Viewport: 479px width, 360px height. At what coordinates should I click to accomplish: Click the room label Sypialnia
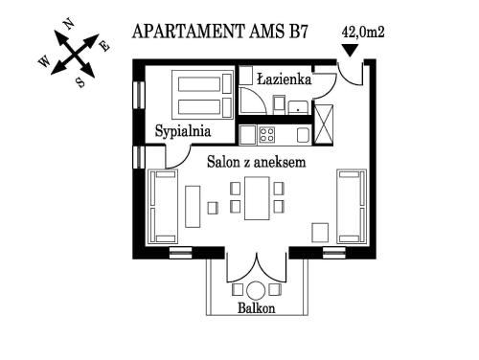183,131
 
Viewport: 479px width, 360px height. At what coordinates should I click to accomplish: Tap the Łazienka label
285,79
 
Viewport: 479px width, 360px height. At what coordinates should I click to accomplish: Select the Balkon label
257,308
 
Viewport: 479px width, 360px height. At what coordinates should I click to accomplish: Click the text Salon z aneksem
257,162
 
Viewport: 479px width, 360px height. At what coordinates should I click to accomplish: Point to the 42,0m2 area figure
363,32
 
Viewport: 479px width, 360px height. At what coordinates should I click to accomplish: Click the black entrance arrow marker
350,51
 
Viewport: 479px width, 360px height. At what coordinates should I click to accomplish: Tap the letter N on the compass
69,24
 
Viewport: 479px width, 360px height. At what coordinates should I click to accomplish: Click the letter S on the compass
80,83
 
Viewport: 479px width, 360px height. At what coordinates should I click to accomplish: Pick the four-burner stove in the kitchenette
266,134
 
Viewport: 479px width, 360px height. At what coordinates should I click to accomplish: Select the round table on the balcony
256,290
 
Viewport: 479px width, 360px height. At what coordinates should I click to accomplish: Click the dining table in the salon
257,198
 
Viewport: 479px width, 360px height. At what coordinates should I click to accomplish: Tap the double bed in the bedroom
202,95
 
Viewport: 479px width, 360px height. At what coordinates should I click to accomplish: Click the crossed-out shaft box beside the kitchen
324,124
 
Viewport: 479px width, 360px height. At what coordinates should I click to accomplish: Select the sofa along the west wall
163,207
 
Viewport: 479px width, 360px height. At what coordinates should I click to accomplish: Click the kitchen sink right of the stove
304,135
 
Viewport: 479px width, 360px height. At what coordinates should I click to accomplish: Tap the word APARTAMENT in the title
188,32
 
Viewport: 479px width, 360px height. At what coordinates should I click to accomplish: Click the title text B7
298,32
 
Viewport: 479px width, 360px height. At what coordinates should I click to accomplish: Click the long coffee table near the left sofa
193,207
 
